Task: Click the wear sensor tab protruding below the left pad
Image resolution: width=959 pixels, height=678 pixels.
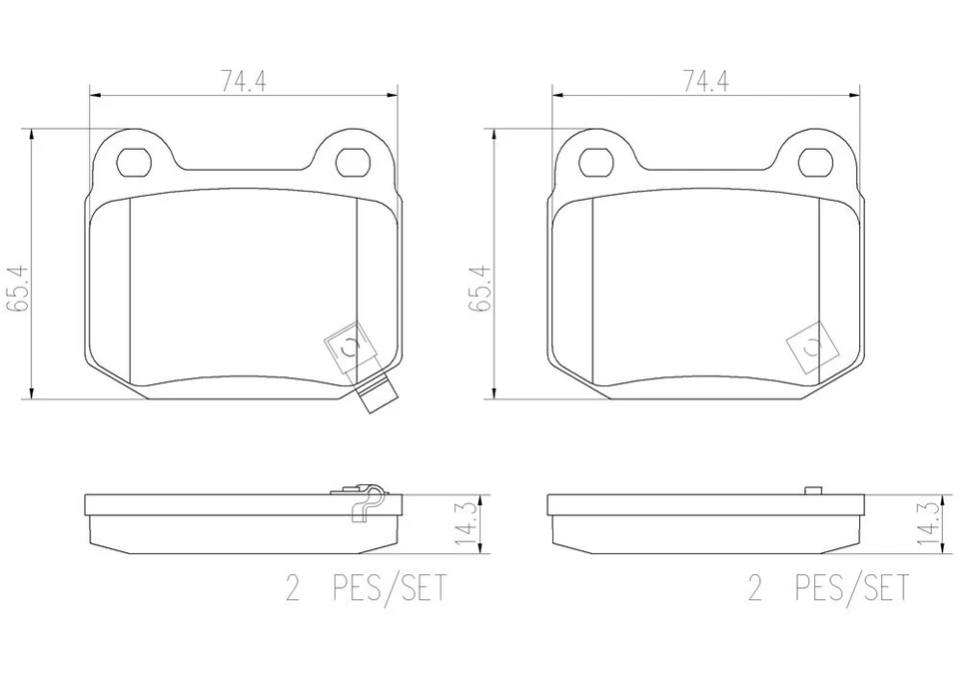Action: click(x=375, y=398)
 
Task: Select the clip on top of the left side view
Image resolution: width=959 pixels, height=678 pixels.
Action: click(x=362, y=499)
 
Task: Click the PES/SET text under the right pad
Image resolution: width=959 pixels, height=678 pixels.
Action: click(x=852, y=588)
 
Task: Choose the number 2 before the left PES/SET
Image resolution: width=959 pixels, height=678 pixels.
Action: click(x=293, y=588)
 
